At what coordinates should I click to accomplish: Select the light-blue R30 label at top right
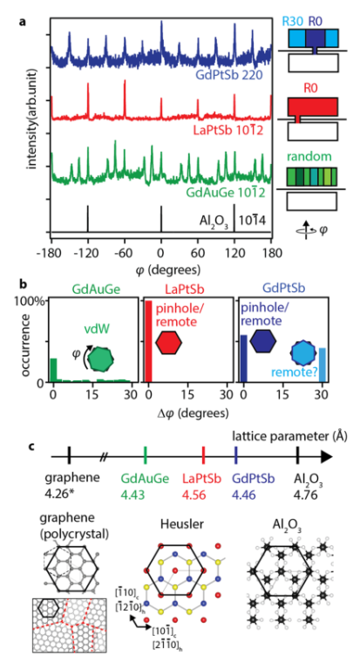pos(296,21)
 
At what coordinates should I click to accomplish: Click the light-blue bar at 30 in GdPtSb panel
pos(323,365)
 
